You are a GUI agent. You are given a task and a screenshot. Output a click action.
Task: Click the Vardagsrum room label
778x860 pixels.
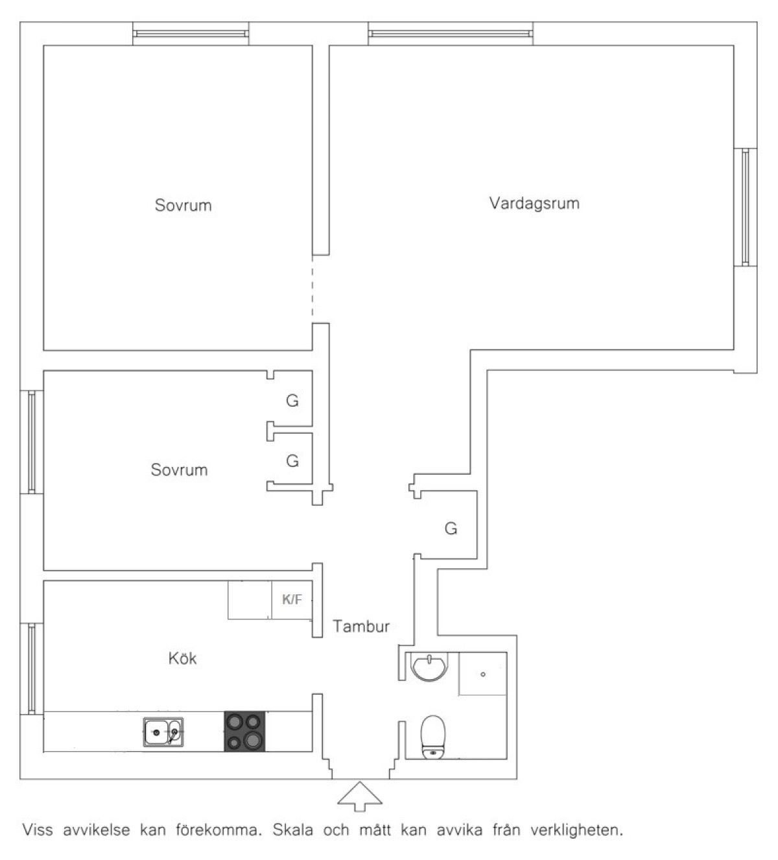coord(534,204)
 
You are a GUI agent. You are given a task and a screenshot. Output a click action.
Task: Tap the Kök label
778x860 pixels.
coord(183,658)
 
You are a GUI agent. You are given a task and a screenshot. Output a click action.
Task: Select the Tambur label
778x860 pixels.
coord(361,627)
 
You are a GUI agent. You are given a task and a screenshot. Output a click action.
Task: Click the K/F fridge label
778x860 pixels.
coord(292,599)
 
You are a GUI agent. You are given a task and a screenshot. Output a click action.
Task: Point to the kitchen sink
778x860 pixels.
coord(163,732)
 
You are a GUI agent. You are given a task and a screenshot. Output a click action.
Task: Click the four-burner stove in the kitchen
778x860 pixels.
coord(244,732)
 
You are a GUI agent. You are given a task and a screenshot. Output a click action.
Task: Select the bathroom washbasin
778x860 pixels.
coord(429,667)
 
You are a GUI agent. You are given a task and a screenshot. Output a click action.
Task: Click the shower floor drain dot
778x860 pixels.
coord(483,675)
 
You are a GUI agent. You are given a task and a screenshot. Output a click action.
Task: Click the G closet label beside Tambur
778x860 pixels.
coord(451,529)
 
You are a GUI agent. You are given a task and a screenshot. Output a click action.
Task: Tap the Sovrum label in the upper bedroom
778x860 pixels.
coord(183,206)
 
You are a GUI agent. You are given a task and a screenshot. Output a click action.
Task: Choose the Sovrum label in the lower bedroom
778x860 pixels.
coord(179,470)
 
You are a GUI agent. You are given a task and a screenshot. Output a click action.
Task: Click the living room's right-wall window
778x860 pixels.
coord(746,207)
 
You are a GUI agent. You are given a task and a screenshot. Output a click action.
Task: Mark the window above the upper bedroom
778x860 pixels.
coord(191,34)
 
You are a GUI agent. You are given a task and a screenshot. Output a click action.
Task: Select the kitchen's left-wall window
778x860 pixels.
coord(32,669)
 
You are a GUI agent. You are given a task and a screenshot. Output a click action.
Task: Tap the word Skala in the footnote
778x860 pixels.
coord(293,830)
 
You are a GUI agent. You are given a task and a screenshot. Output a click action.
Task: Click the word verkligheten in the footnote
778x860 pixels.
coord(577,830)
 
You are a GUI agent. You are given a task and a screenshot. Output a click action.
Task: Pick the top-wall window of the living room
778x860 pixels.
coord(451,34)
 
